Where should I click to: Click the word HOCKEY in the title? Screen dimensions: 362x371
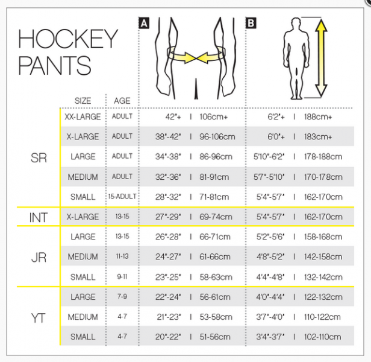[68, 38]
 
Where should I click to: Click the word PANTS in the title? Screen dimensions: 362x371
[55, 65]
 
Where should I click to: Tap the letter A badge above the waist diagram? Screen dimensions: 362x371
[144, 24]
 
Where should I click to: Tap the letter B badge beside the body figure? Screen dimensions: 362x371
[251, 24]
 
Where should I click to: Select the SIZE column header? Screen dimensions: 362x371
[83, 101]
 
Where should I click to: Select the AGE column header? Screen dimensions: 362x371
[122, 101]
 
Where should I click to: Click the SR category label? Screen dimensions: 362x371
[39, 157]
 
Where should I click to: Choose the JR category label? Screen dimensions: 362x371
[39, 257]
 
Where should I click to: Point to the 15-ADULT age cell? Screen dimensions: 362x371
[122, 197]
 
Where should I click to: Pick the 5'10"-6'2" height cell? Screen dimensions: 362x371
[268, 157]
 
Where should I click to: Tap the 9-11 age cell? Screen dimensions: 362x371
[122, 277]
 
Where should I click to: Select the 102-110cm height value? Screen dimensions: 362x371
[323, 337]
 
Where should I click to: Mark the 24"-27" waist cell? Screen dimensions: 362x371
[166, 257]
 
